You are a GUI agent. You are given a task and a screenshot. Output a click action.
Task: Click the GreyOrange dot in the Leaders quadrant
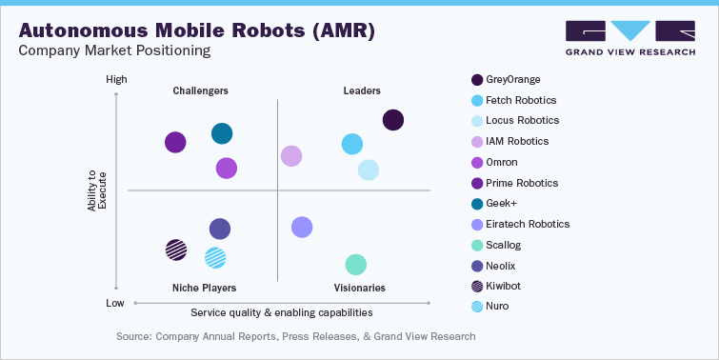pyautogui.click(x=392, y=120)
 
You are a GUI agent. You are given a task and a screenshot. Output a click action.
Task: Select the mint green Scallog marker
pyautogui.click(x=355, y=265)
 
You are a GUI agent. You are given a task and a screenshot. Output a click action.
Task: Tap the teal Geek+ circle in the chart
pyautogui.click(x=221, y=134)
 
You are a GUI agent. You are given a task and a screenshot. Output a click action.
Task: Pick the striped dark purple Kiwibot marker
pyautogui.click(x=176, y=250)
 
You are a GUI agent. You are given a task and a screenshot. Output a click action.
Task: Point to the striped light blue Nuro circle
pyautogui.click(x=215, y=257)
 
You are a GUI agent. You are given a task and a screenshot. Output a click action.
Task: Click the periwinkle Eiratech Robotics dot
pyautogui.click(x=302, y=227)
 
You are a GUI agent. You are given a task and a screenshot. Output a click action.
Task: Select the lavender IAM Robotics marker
pyautogui.click(x=291, y=156)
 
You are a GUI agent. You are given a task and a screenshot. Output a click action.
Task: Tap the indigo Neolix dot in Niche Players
pyautogui.click(x=219, y=229)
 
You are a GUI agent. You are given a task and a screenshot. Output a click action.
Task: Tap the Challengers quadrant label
pyautogui.click(x=200, y=91)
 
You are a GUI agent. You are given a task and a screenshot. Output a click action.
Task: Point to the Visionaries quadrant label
pyautogui.click(x=359, y=287)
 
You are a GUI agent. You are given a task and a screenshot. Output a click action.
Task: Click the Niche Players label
pyautogui.click(x=205, y=287)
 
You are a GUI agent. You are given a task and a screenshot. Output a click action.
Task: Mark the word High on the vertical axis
pyautogui.click(x=116, y=80)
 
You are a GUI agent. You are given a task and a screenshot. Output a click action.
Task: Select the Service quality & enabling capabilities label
pyautogui.click(x=282, y=312)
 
